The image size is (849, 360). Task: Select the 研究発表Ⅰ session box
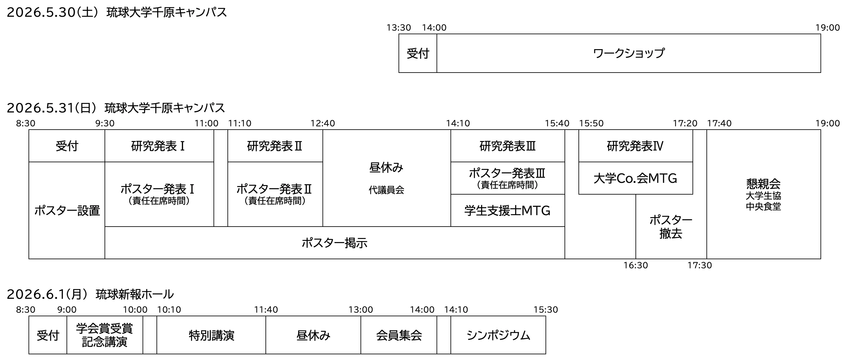(x=159, y=146)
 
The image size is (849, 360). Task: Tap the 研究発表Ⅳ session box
(x=635, y=146)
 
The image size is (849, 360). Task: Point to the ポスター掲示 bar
(x=334, y=243)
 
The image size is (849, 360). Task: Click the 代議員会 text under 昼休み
(x=386, y=190)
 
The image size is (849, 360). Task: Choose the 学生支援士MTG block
(x=507, y=211)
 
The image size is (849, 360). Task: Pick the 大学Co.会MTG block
(x=635, y=178)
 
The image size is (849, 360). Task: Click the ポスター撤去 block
(x=671, y=227)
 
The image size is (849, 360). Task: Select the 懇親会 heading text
(x=763, y=184)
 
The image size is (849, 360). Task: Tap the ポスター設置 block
(x=67, y=211)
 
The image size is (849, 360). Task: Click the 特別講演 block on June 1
(x=211, y=335)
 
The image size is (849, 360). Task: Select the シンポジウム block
(x=498, y=335)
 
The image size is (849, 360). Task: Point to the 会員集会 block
(x=399, y=335)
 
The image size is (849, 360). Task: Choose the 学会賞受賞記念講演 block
(x=105, y=335)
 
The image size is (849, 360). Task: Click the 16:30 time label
(x=635, y=265)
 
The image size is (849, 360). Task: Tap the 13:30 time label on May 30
(x=399, y=28)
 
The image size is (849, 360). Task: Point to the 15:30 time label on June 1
(x=546, y=310)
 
